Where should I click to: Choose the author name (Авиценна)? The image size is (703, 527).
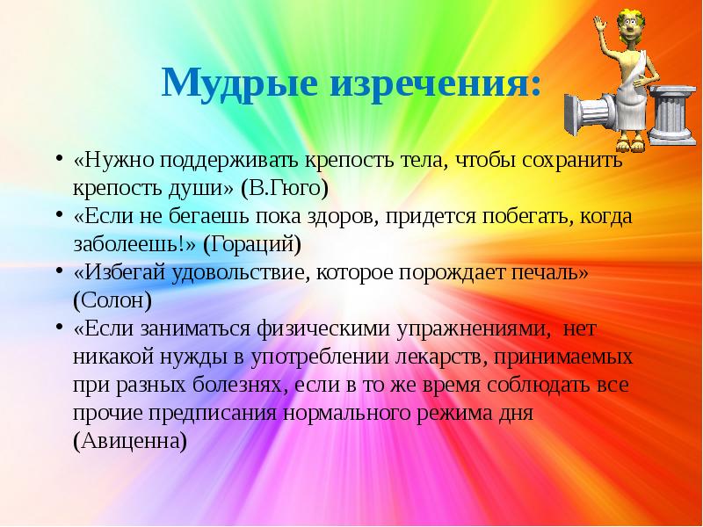(x=130, y=440)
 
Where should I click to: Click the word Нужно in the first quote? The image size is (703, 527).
(x=112, y=161)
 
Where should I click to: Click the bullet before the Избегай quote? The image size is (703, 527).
(x=58, y=271)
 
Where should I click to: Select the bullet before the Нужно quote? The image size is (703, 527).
(x=58, y=159)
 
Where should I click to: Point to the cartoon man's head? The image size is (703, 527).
(x=625, y=27)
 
